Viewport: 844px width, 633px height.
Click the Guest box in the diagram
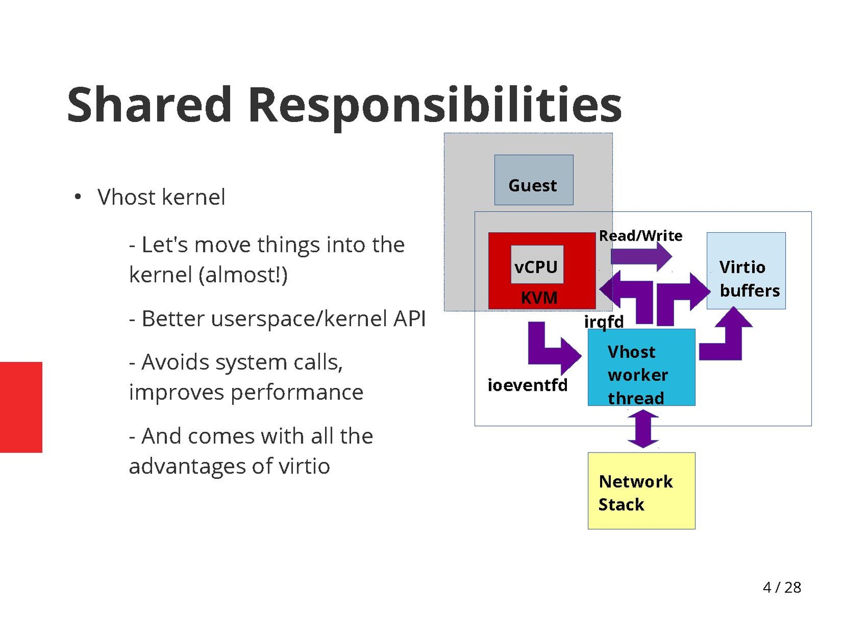(533, 180)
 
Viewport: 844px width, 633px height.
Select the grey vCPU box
(537, 265)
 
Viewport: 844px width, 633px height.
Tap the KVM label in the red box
(539, 298)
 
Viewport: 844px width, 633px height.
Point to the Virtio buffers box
(746, 271)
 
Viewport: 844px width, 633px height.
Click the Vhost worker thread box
(641, 367)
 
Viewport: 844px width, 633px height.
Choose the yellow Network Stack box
(641, 491)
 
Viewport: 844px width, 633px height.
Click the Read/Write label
(640, 235)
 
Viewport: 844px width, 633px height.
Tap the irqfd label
(604, 322)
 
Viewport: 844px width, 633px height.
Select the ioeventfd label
(527, 385)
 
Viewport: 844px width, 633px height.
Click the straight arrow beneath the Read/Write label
(641, 257)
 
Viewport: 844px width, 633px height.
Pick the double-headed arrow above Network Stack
(643, 429)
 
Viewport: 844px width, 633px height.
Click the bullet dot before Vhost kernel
(78, 197)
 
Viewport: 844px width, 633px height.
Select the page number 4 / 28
(782, 587)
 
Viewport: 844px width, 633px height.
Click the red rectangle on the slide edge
(21, 407)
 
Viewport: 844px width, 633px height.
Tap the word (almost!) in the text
(243, 275)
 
